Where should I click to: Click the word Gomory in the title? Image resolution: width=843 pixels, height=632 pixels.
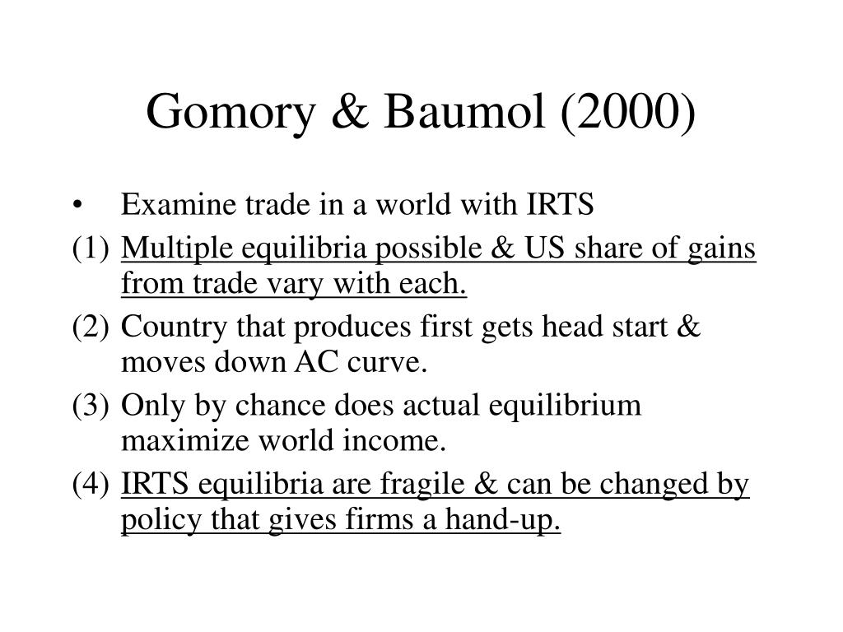click(231, 113)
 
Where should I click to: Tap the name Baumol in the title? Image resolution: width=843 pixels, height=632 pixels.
click(464, 111)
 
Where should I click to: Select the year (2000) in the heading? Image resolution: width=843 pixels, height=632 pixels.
click(628, 112)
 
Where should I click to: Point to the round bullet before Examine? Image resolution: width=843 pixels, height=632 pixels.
click(78, 205)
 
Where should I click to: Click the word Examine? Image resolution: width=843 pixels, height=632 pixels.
click(179, 204)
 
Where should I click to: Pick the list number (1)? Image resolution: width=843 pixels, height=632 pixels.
click(91, 249)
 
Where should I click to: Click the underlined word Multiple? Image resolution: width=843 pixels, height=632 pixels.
click(177, 249)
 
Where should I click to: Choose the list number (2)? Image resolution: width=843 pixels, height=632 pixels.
click(91, 327)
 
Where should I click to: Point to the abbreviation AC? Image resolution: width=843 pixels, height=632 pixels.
click(317, 362)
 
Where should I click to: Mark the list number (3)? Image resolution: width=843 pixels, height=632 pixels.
click(91, 406)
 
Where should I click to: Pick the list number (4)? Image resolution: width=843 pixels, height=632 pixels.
click(91, 484)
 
